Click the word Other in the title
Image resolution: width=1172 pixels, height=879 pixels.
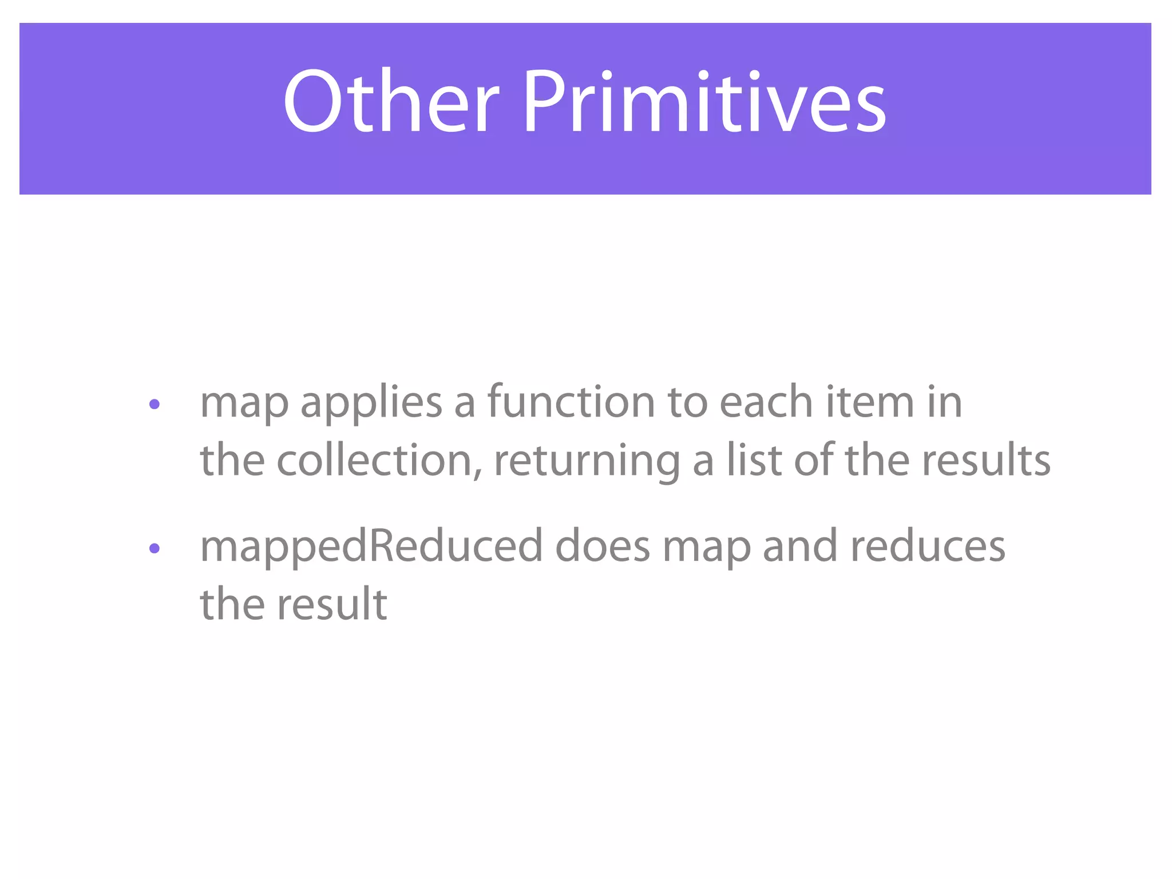click(x=391, y=102)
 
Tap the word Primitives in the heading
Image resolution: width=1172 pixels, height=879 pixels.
click(x=704, y=102)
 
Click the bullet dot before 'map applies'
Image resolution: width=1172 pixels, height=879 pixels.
click(x=154, y=405)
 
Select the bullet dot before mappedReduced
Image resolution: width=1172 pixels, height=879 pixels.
click(x=154, y=549)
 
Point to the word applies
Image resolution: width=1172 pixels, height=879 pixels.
click(x=371, y=403)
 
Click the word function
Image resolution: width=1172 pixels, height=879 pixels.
click(x=571, y=402)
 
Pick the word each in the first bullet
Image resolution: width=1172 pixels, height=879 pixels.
click(x=766, y=402)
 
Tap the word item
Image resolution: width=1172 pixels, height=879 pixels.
click(x=870, y=402)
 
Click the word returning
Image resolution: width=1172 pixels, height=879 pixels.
click(x=587, y=462)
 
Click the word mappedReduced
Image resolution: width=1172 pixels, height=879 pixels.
click(x=371, y=547)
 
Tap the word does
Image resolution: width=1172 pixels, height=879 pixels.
click(x=602, y=546)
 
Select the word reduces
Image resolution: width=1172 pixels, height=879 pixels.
click(x=927, y=546)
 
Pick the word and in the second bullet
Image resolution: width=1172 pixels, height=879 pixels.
click(x=800, y=546)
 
